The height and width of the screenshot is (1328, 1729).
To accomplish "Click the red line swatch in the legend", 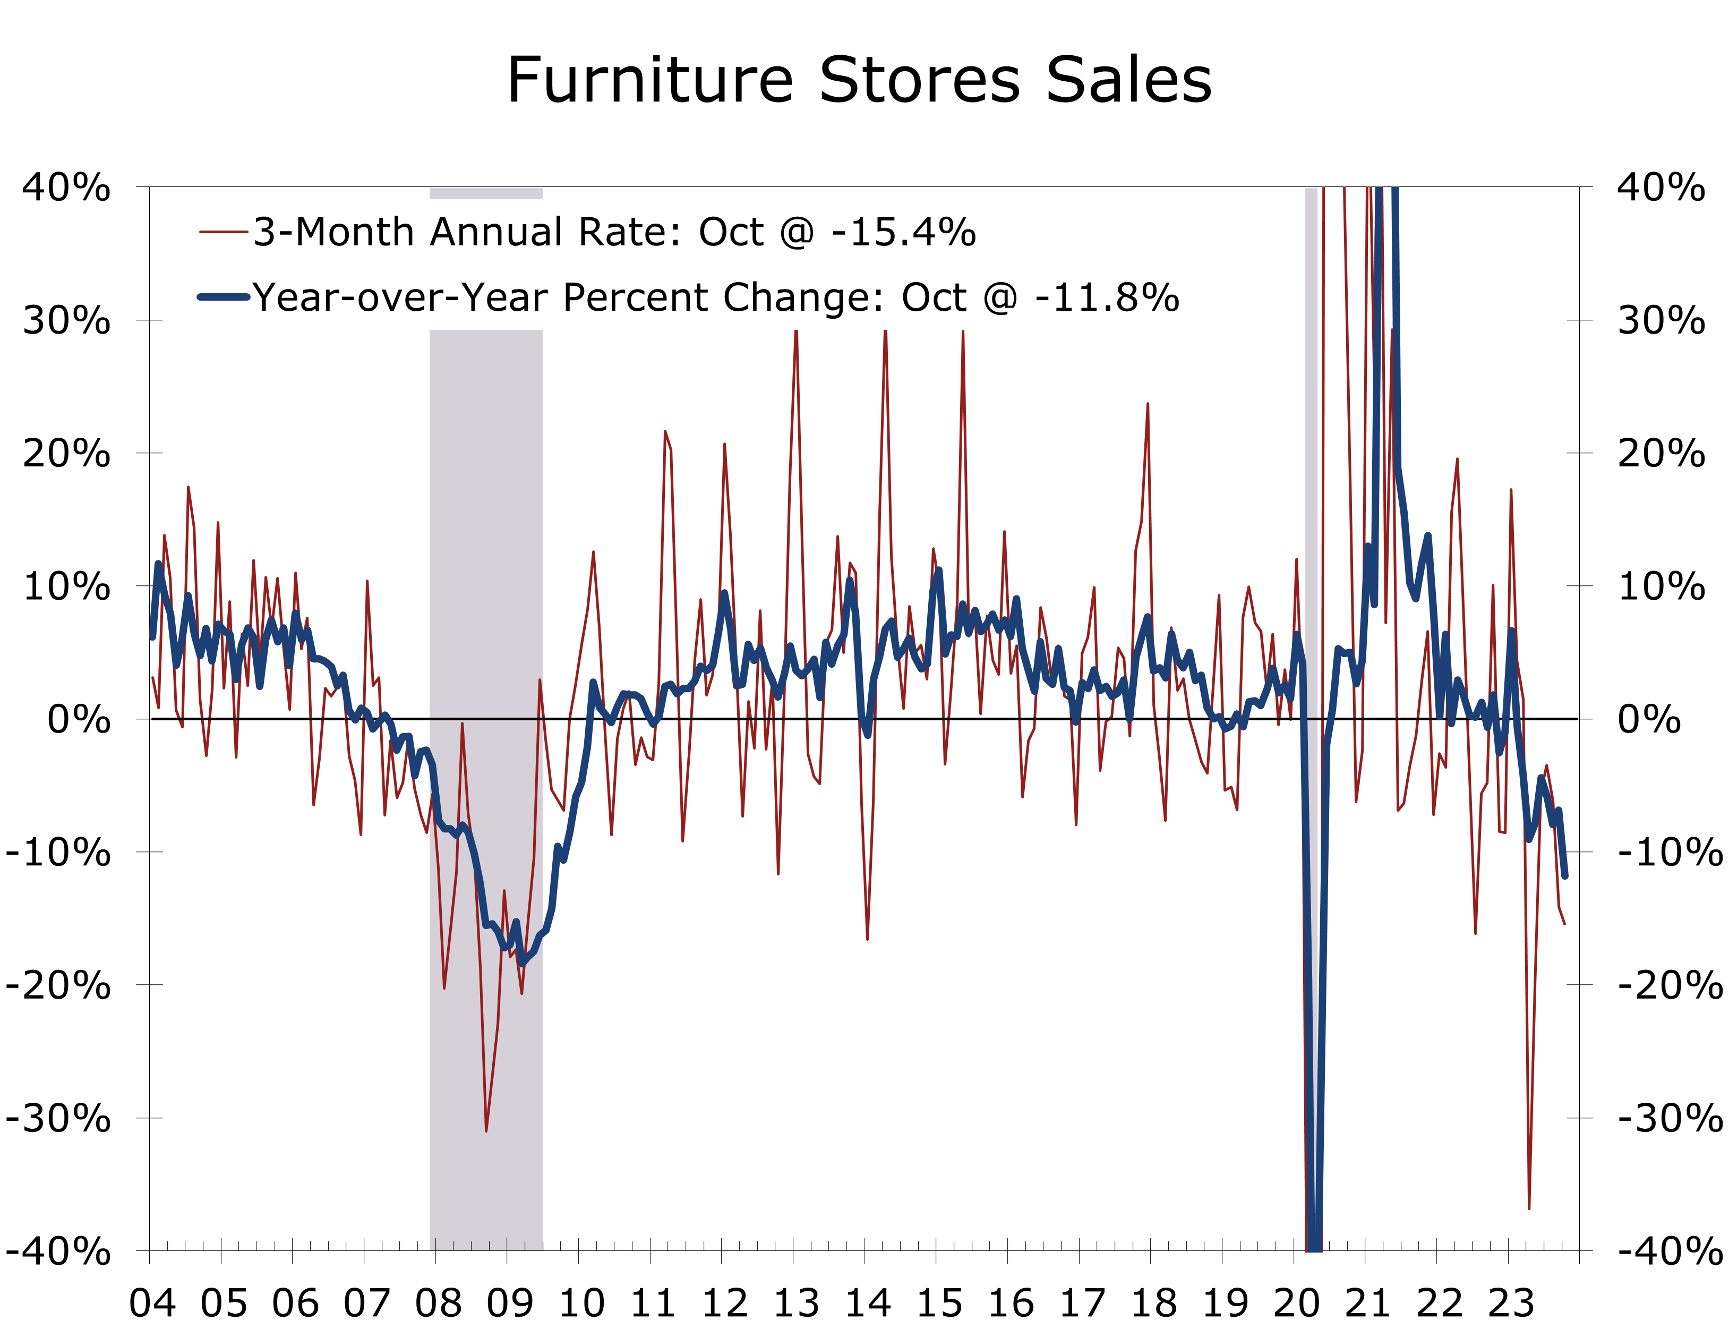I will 224,232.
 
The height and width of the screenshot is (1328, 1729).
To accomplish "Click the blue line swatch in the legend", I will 224,297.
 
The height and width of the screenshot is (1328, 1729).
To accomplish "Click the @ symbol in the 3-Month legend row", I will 797,233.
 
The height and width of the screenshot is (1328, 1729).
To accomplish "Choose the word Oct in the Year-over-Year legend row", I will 933,298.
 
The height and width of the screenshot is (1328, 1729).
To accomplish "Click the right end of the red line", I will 1564,923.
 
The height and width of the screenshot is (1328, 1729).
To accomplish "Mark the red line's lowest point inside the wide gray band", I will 486,1130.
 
